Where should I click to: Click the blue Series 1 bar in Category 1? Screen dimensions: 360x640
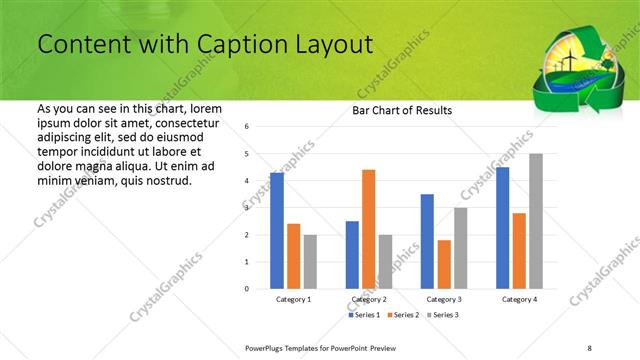click(x=277, y=231)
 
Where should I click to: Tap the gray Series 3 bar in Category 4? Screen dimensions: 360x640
click(x=535, y=221)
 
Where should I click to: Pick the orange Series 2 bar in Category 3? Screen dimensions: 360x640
click(x=444, y=264)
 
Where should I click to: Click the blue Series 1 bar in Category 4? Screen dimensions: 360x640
click(x=502, y=228)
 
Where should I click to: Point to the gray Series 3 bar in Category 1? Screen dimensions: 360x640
click(x=310, y=262)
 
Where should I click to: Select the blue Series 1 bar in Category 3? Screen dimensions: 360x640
click(x=427, y=241)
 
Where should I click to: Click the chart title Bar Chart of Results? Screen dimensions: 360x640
click(x=402, y=110)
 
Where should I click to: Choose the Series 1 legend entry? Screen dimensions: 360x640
click(x=364, y=314)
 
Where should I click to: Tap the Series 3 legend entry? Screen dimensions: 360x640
click(x=444, y=314)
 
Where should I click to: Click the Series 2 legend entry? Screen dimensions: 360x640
click(x=404, y=314)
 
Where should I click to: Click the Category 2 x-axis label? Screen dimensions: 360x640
click(x=369, y=299)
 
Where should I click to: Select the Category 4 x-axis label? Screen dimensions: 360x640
click(x=519, y=299)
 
